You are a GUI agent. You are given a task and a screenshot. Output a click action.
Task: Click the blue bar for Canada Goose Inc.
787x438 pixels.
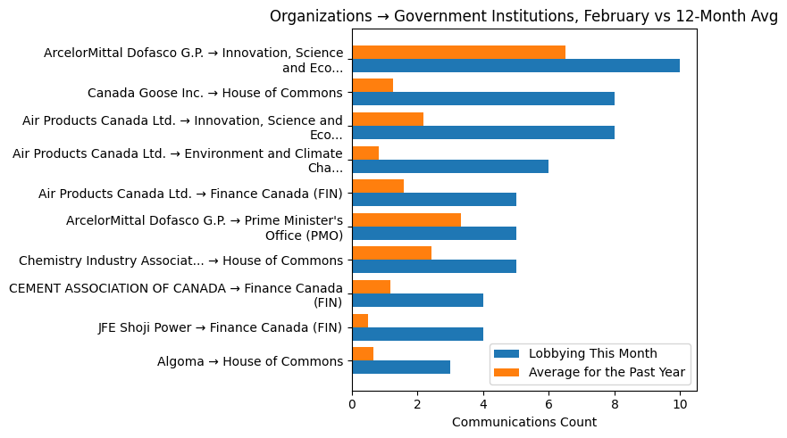point(482,99)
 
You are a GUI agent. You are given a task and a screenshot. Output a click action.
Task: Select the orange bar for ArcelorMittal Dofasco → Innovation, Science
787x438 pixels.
point(458,52)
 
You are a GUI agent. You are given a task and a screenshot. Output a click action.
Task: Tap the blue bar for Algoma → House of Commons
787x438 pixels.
point(401,368)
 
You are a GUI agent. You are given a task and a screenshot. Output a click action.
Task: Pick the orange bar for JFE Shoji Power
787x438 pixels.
point(360,320)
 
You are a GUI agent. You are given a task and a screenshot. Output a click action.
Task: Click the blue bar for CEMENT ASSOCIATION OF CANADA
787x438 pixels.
point(417,301)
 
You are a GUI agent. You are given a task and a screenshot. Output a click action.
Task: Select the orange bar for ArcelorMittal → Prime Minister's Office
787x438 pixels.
point(406,219)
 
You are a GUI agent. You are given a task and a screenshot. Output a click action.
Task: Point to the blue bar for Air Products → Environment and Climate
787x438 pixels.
point(450,166)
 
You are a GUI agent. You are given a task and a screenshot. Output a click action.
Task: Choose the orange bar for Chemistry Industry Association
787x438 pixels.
point(391,253)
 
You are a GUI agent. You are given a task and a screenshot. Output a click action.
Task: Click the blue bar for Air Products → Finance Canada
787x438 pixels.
point(434,200)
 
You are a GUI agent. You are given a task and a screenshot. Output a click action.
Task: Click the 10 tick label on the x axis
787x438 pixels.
point(680,403)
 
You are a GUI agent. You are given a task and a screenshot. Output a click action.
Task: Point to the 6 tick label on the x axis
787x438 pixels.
point(548,403)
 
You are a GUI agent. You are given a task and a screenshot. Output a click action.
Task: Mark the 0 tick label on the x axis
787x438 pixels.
point(352,403)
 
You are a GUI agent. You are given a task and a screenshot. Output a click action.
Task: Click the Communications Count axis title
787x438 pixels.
point(524,422)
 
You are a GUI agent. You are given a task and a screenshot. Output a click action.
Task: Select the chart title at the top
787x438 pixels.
point(524,16)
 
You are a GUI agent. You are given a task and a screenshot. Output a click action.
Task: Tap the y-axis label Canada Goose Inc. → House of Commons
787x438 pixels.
point(214,93)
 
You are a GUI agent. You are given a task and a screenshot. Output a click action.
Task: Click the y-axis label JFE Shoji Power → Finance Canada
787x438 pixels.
point(220,327)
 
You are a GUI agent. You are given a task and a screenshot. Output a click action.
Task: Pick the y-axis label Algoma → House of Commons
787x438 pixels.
point(249,361)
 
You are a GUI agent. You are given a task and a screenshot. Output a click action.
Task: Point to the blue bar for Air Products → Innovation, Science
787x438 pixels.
point(482,133)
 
